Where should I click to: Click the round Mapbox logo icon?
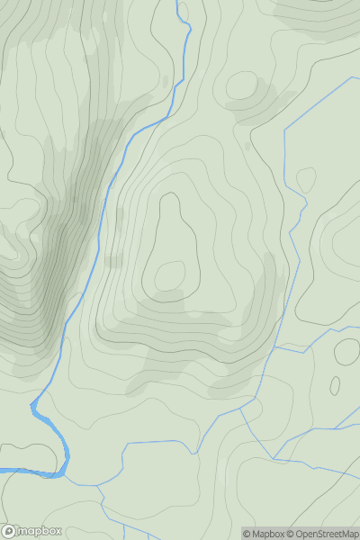tap(10, 531)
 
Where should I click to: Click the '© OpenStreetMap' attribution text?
tap(325, 534)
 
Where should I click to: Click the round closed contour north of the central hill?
tap(241, 86)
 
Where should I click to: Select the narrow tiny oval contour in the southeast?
tap(335, 386)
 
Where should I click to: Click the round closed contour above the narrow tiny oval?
tap(346, 350)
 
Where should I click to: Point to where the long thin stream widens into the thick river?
tap(36, 404)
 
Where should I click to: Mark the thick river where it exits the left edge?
tap(3, 470)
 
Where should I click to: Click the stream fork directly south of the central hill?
tap(243, 408)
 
